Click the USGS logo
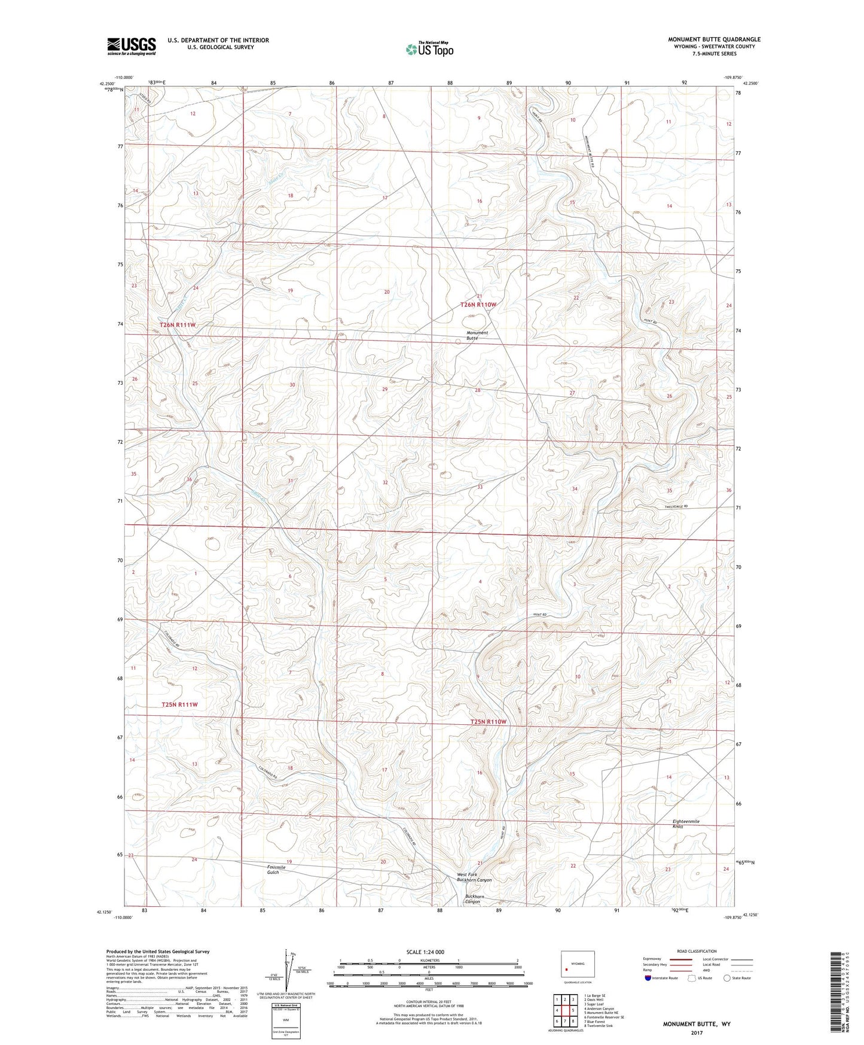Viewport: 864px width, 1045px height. (x=132, y=46)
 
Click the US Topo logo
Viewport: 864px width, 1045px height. (x=429, y=49)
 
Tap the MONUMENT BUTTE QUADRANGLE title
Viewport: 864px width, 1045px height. (x=714, y=40)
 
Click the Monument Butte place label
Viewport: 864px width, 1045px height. (x=477, y=335)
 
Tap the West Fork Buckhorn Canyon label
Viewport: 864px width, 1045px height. (x=474, y=877)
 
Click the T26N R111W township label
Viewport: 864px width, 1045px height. (x=178, y=325)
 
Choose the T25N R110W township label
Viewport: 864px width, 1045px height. (x=488, y=722)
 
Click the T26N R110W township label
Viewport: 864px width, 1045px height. (x=478, y=305)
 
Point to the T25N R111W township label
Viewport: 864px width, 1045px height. (x=179, y=704)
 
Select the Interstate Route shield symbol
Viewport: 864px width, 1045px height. (x=648, y=979)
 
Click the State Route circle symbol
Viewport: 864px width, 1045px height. (x=726, y=979)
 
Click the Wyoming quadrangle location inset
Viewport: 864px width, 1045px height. (x=577, y=965)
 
